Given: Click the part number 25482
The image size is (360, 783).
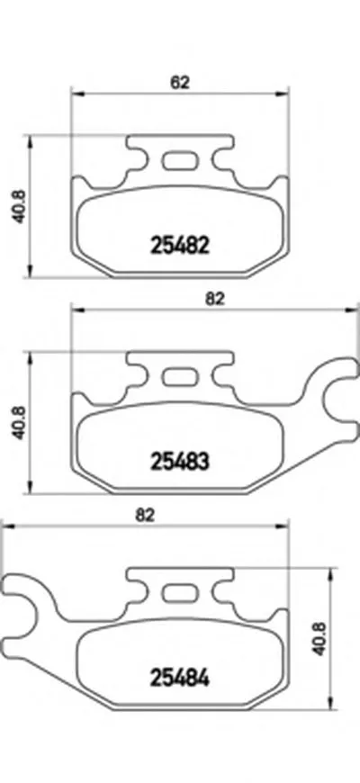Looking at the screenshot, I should pyautogui.click(x=179, y=243).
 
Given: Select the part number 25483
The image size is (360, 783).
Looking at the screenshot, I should pyautogui.click(x=179, y=462).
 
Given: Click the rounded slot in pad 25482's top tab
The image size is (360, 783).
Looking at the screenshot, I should pyautogui.click(x=179, y=163).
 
